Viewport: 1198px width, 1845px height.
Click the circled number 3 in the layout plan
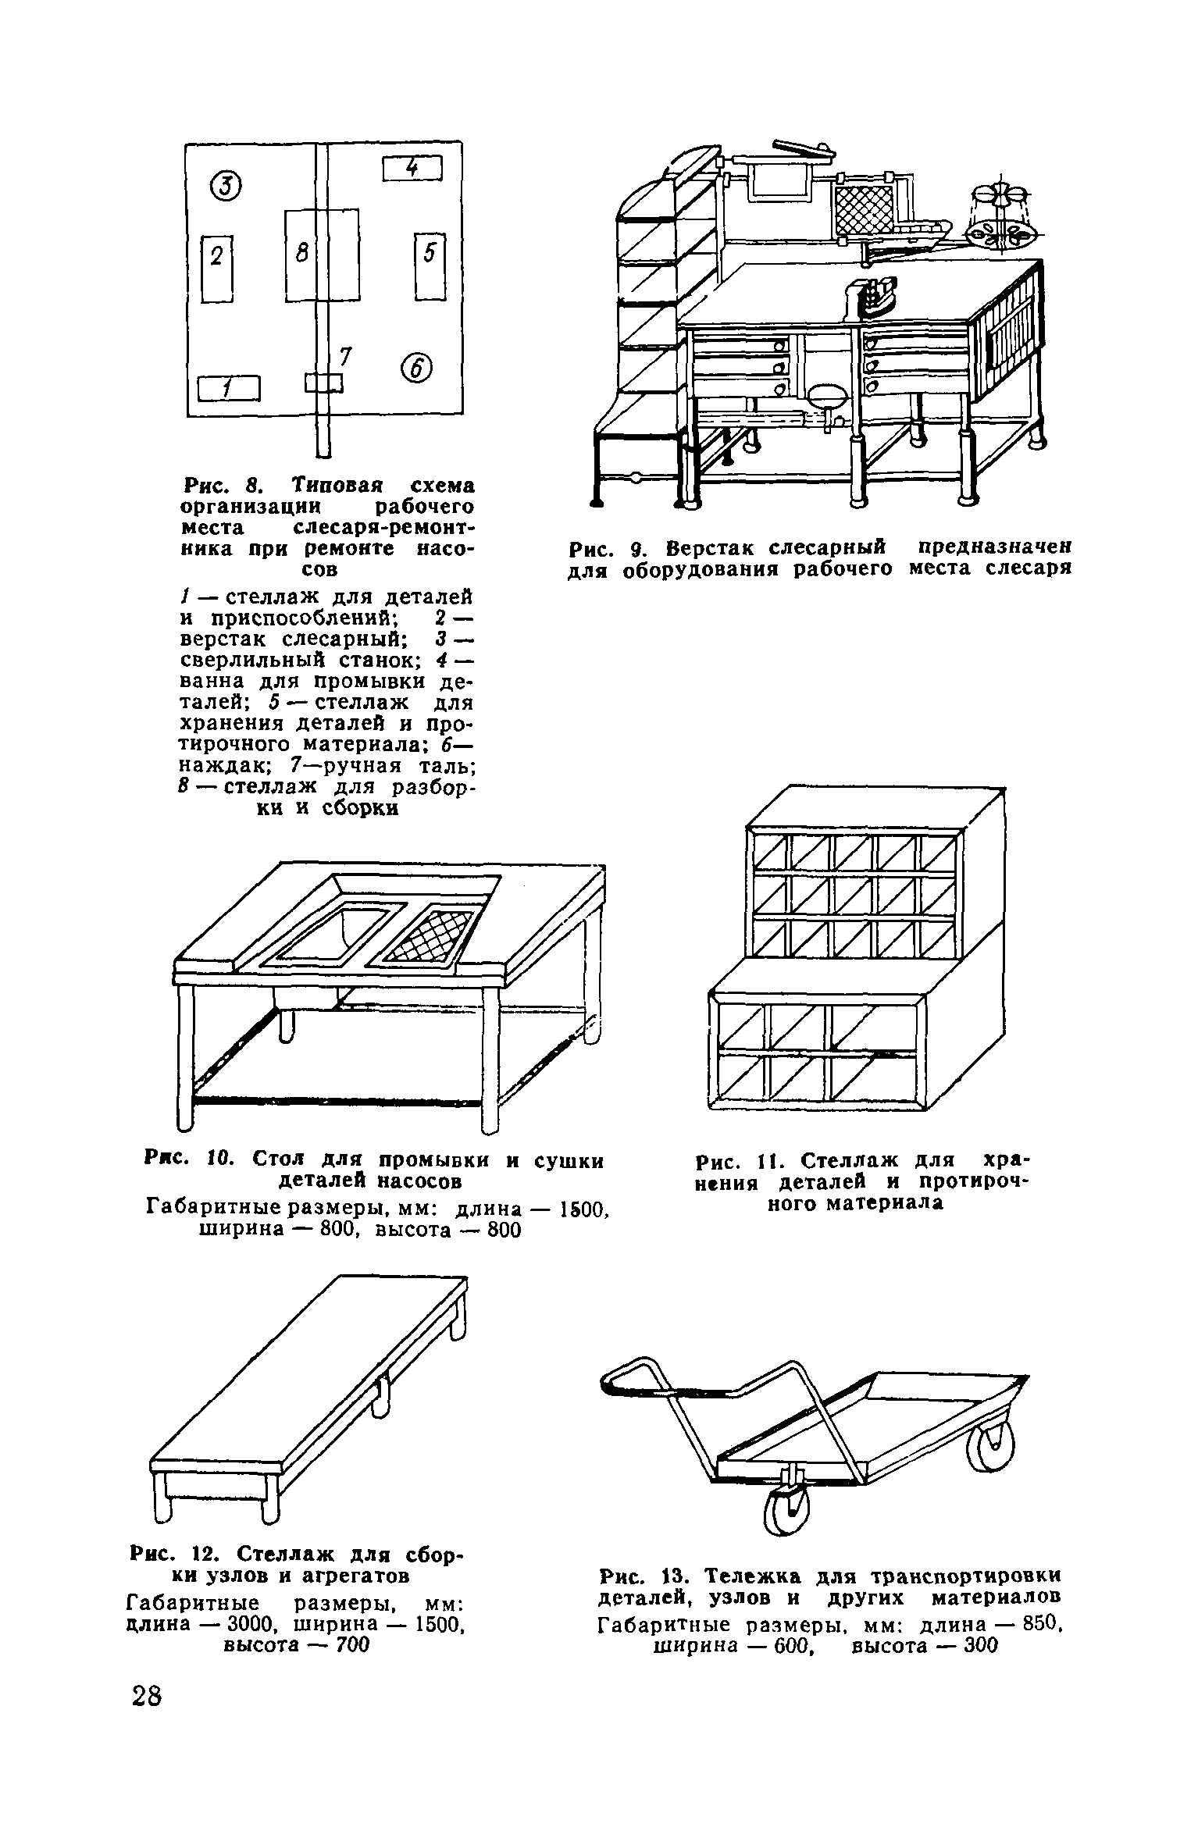pos(226,184)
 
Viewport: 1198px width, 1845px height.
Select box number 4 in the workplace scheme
pos(412,168)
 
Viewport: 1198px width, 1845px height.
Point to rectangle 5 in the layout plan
pos(430,265)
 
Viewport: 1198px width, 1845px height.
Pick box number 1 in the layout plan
pos(227,388)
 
